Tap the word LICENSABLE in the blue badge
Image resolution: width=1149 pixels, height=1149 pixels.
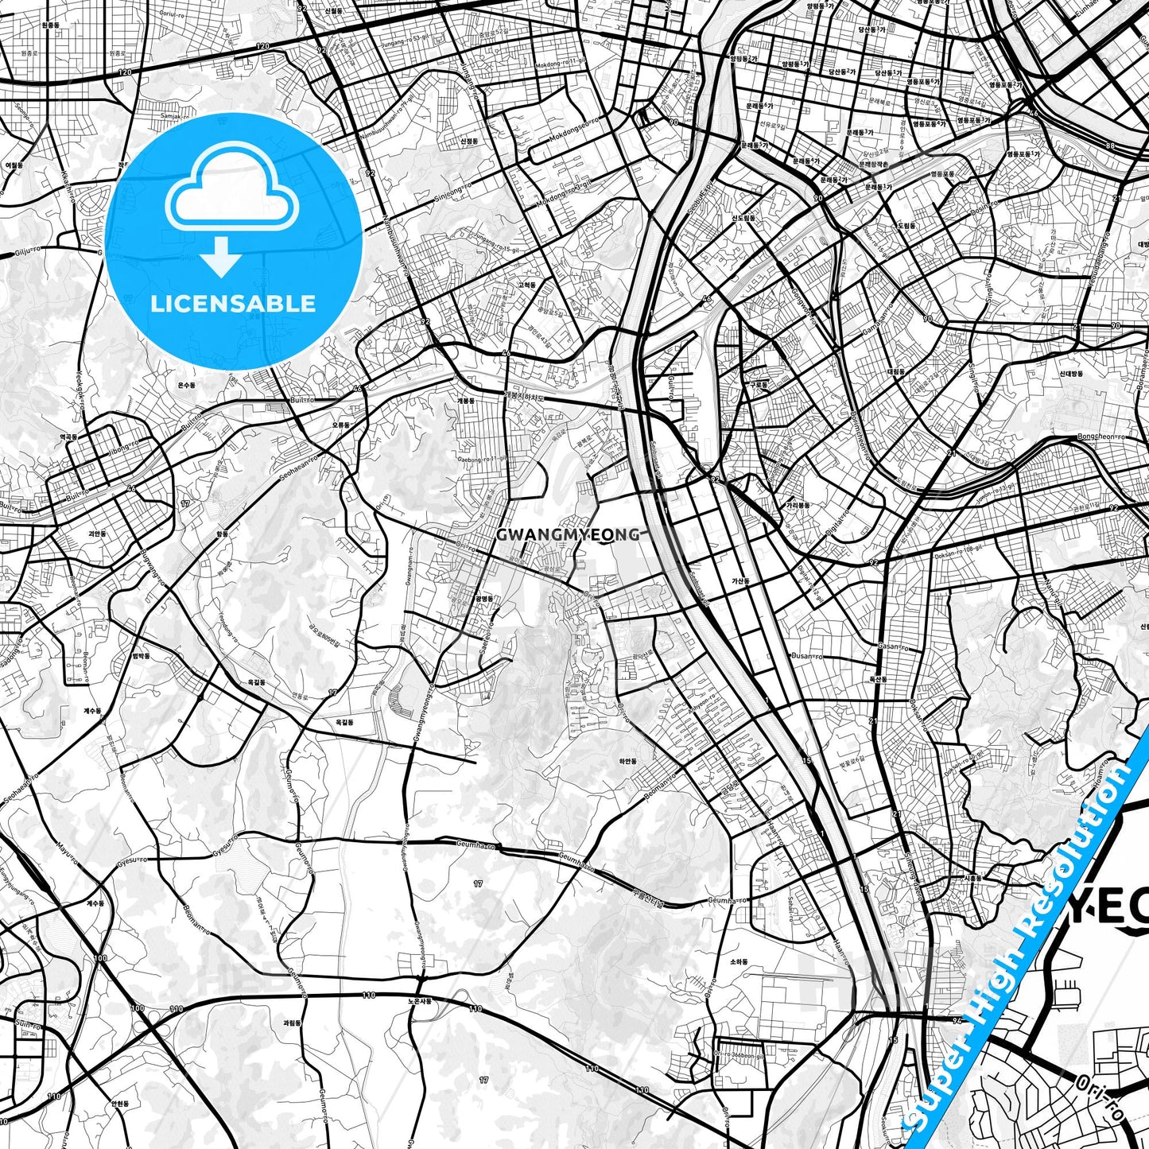[233, 304]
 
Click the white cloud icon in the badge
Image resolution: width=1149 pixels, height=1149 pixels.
[231, 188]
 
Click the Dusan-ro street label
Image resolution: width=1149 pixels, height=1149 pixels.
[807, 657]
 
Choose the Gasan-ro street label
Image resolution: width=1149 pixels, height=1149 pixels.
[893, 646]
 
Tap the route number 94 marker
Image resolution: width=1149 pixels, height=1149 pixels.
[957, 1019]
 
